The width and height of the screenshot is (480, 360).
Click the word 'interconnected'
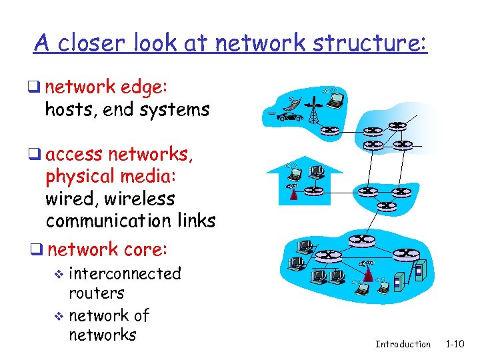(125, 273)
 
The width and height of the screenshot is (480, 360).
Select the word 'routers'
(97, 293)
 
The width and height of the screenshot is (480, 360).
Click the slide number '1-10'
(455, 344)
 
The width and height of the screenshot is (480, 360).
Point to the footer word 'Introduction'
(403, 344)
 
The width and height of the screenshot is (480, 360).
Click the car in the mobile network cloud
(287, 117)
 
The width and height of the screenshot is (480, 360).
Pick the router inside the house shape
(312, 191)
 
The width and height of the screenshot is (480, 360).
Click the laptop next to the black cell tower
(336, 100)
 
